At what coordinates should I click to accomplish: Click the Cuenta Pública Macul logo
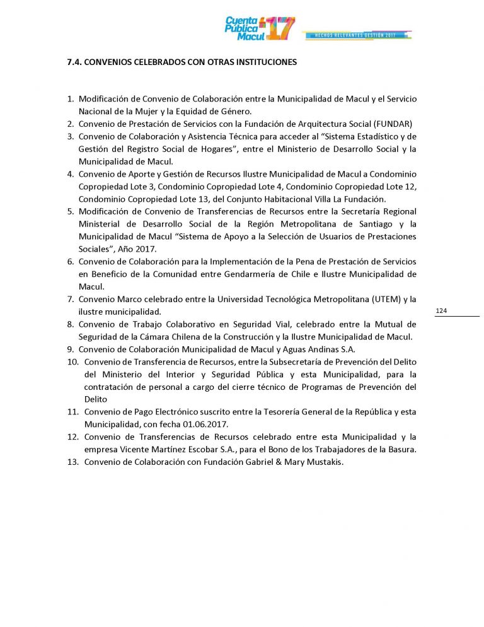click(259, 28)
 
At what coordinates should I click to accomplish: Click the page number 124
click(441, 311)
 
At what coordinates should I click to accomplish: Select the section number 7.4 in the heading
click(74, 62)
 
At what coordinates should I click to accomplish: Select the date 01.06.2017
click(208, 424)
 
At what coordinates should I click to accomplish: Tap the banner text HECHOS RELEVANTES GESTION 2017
click(357, 35)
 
